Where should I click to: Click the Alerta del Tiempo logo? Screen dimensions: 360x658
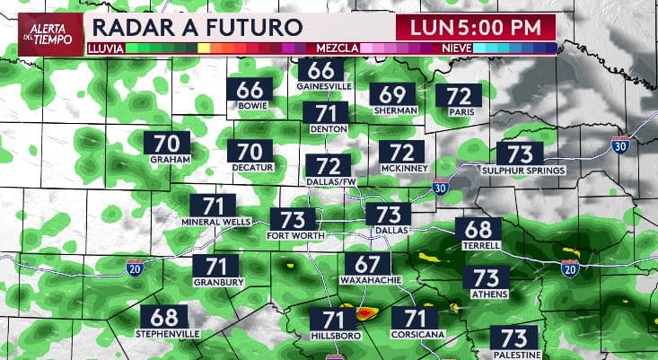[42, 34]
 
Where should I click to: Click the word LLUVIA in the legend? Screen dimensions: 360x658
[105, 47]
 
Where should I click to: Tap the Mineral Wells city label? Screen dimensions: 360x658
[213, 222]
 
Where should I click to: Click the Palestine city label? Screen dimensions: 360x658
[514, 356]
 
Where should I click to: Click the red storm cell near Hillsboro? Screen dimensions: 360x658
[365, 314]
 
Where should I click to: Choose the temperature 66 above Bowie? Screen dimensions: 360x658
[255, 90]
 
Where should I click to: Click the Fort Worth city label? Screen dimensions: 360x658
[293, 235]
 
